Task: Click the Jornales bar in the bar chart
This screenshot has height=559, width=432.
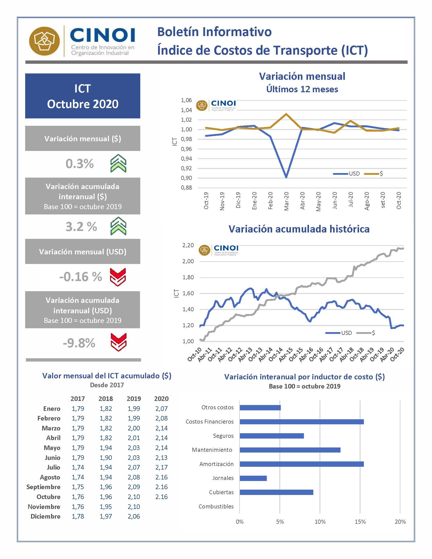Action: click(253, 478)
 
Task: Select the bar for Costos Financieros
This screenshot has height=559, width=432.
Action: click(301, 422)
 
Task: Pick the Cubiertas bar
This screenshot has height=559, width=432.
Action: click(276, 492)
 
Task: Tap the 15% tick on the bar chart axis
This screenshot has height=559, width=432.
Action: click(360, 522)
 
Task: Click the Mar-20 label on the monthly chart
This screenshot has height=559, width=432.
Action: click(286, 201)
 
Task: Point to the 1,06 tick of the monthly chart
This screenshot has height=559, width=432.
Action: click(186, 100)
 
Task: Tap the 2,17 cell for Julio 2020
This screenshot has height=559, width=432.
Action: click(161, 467)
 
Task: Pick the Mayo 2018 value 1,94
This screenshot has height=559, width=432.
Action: click(106, 448)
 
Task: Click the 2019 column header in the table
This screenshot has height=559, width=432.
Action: click(134, 398)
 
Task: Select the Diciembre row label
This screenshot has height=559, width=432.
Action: click(45, 516)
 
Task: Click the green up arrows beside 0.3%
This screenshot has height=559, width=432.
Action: click(118, 163)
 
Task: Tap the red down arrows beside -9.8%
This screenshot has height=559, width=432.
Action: click(118, 342)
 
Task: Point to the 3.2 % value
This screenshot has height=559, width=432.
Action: click(81, 226)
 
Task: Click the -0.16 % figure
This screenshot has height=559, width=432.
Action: click(81, 277)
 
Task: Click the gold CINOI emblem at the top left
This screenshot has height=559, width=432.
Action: click(44, 41)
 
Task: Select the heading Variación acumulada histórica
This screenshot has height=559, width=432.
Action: click(299, 229)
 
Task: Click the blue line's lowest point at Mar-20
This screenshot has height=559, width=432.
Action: click(286, 177)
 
